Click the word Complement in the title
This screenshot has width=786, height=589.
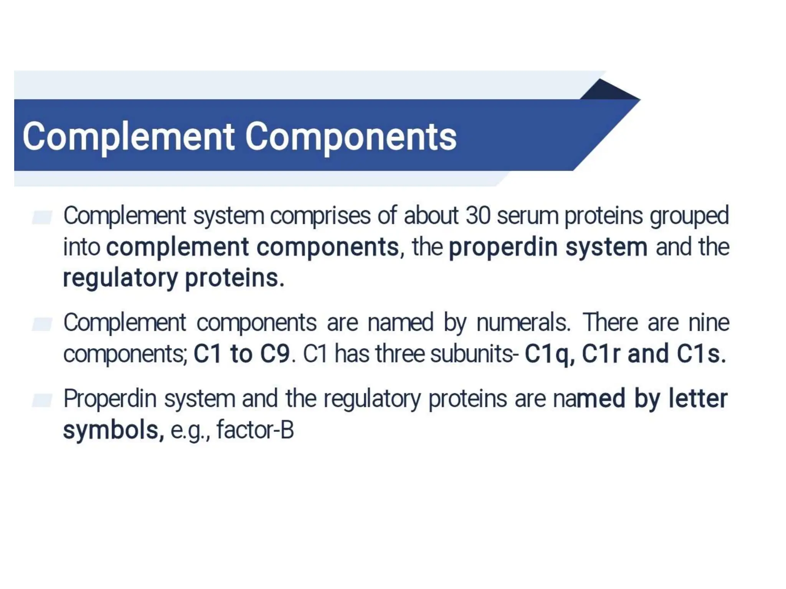129,137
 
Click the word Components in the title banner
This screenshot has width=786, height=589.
351,137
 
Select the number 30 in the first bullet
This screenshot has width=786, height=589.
478,216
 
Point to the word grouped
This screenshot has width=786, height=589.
689,216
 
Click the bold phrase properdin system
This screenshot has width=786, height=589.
548,247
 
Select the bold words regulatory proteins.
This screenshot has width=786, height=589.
173,278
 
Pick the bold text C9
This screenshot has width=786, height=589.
275,354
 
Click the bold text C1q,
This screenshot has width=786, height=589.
550,354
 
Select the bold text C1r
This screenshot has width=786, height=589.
601,354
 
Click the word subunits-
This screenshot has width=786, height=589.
474,354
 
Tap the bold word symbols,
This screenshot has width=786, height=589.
114,430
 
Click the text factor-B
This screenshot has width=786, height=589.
255,430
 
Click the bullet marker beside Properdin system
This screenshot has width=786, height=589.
42,400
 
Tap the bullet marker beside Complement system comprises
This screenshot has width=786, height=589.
42,217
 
